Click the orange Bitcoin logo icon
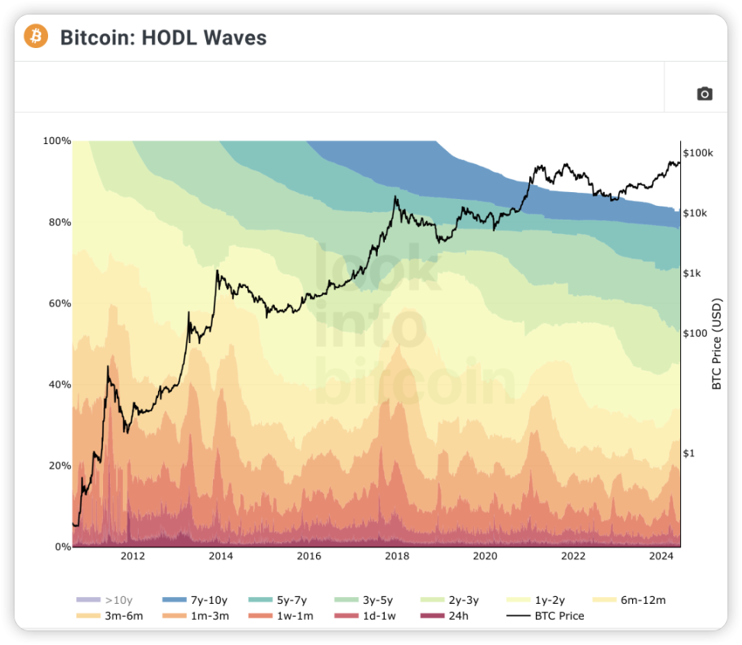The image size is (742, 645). click(x=36, y=37)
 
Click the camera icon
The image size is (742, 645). click(x=705, y=94)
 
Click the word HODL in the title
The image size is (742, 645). click(x=169, y=38)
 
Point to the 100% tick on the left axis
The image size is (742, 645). click(x=56, y=141)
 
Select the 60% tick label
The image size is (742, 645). click(x=60, y=303)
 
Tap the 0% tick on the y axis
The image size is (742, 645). click(x=63, y=547)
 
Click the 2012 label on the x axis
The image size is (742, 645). click(x=133, y=556)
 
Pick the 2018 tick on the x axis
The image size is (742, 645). click(x=397, y=556)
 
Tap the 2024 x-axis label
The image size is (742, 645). click(x=661, y=556)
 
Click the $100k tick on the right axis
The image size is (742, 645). click(x=698, y=153)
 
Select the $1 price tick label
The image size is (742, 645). click(x=689, y=453)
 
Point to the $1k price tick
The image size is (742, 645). click(x=692, y=273)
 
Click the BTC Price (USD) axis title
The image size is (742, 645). click(x=717, y=344)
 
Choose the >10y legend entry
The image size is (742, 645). click(x=105, y=600)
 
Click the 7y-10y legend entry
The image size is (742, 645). click(x=195, y=600)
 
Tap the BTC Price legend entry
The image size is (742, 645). click(x=545, y=616)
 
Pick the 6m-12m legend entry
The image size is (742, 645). click(x=629, y=600)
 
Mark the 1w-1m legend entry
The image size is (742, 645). click(x=281, y=616)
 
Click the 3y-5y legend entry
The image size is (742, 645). click(x=363, y=600)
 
